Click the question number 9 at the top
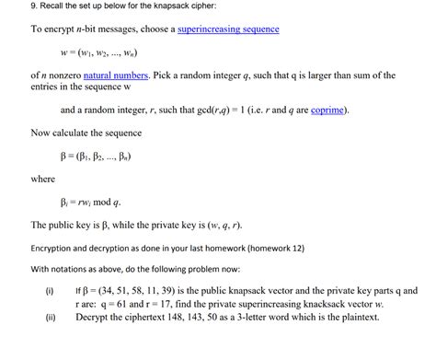tap(6, 6)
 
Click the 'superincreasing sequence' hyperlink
tap(228, 30)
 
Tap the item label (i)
tap(49, 290)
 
